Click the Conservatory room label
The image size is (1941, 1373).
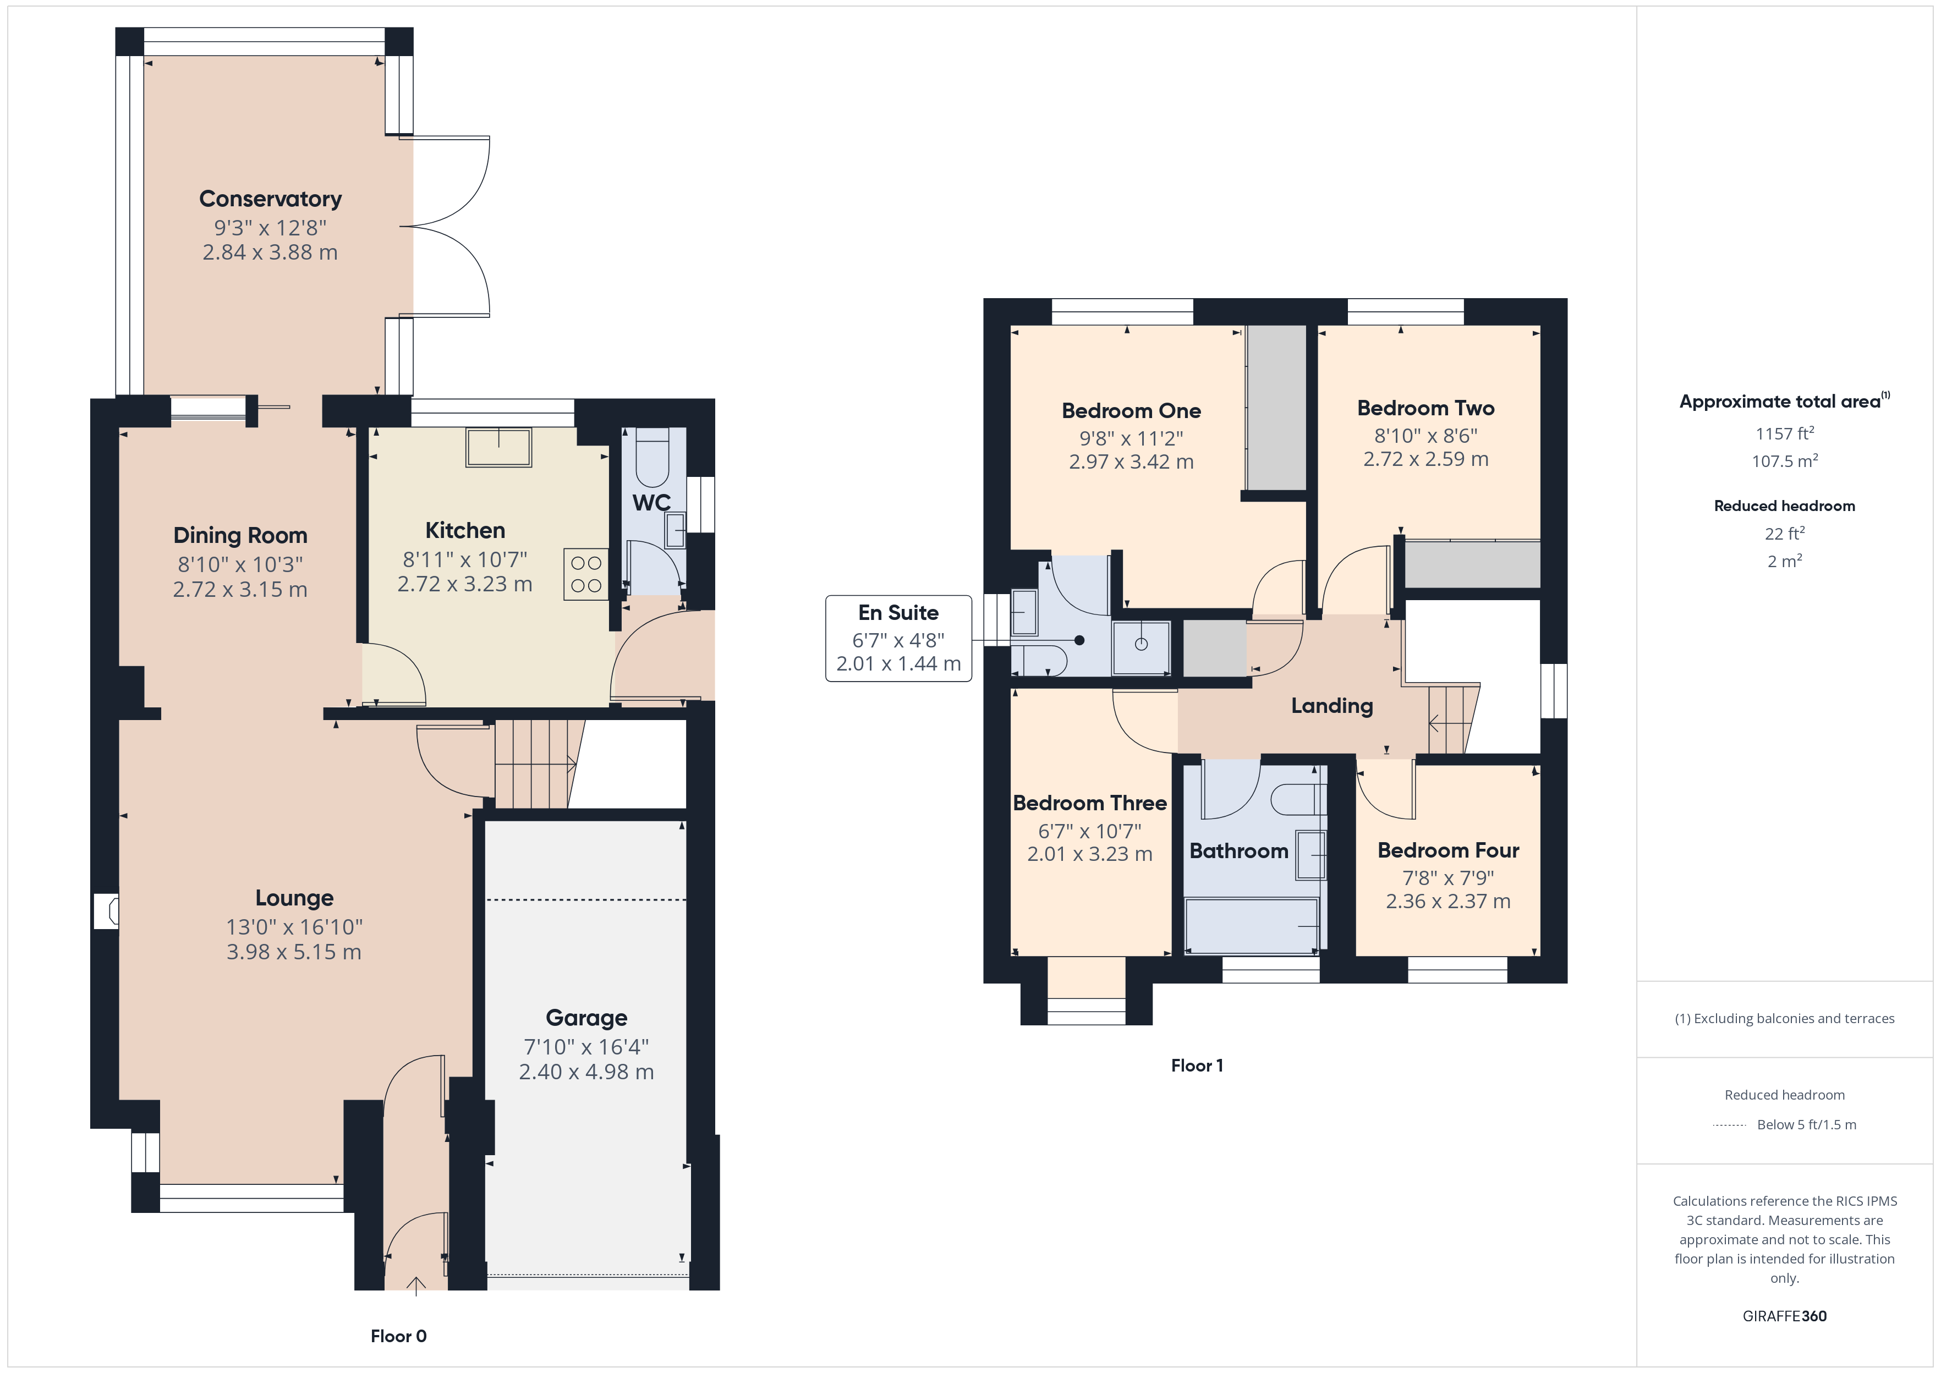pos(271,199)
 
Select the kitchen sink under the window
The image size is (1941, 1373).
pos(499,447)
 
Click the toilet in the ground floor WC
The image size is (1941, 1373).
pos(652,457)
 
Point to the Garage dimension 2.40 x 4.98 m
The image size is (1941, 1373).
pos(586,1072)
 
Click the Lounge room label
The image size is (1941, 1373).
pos(294,898)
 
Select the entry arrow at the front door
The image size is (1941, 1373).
pos(416,1285)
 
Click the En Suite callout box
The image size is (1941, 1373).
pos(898,638)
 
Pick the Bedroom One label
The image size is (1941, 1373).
pos(1131,411)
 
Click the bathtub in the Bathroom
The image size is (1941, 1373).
pos(1251,926)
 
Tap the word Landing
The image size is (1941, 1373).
pos(1331,705)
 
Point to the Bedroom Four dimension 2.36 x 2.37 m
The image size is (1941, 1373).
pos(1447,901)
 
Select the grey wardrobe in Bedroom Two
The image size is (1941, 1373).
pos(1472,564)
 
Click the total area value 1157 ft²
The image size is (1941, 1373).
pos(1784,433)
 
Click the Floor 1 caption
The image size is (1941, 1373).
pos(1196,1066)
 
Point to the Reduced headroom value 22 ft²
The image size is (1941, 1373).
pos(1784,534)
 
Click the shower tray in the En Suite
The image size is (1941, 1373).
pos(1141,647)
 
